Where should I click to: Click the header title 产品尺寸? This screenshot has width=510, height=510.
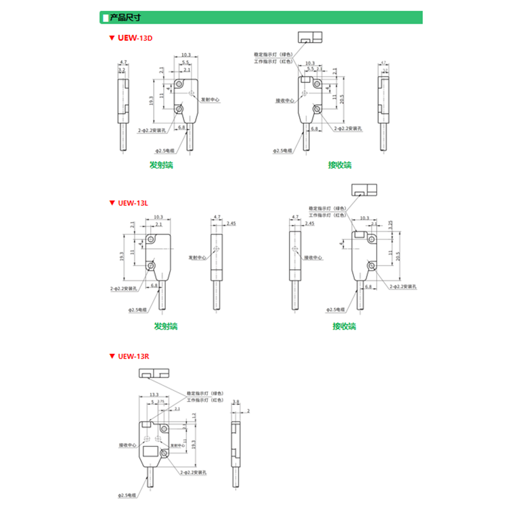(x=126, y=17)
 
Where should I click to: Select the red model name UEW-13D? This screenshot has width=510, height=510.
(x=135, y=38)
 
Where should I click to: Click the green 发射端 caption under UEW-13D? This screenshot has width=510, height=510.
(x=161, y=164)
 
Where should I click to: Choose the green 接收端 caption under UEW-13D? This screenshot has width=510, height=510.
(x=340, y=164)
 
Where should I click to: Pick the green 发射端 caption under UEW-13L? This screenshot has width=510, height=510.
(x=165, y=326)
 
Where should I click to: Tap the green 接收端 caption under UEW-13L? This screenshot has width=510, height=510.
(x=344, y=326)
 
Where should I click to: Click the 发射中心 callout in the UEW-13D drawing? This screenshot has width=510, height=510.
(x=210, y=100)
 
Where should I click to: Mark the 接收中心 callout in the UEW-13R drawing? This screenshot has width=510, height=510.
(x=128, y=445)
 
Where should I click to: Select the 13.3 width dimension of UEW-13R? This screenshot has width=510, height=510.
(x=154, y=395)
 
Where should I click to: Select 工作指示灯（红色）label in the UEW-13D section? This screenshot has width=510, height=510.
(x=273, y=61)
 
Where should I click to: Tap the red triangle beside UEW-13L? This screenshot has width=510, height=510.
(x=111, y=203)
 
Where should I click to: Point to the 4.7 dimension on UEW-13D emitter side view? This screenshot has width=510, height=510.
(x=124, y=62)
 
